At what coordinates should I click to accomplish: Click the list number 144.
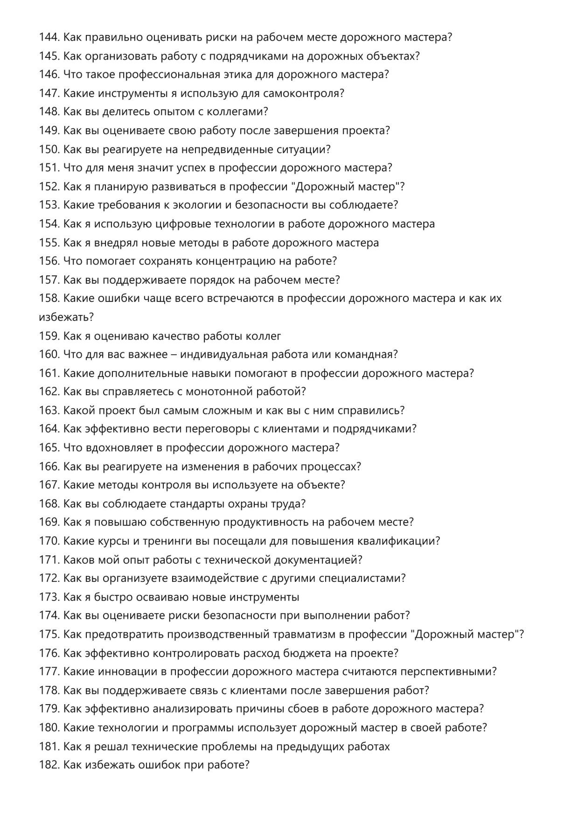coord(49,37)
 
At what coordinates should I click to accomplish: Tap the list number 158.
coord(49,299)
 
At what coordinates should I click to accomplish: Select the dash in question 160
coord(174,355)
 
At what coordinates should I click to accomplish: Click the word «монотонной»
coord(219,392)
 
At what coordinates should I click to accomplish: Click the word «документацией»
coord(318,560)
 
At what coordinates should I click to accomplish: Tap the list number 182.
coord(49,765)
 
